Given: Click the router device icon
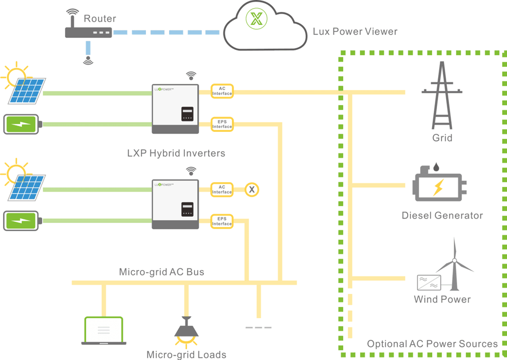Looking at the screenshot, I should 88,33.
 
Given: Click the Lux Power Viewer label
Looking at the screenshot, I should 355,31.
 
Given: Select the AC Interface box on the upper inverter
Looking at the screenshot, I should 222,91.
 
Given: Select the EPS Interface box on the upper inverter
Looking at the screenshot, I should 222,124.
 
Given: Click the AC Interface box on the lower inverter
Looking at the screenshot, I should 222,189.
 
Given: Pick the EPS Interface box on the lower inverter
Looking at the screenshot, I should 222,221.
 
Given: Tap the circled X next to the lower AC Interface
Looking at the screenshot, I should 252,190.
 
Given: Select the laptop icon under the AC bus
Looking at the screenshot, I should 104,331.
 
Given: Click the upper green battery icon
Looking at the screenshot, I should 21,124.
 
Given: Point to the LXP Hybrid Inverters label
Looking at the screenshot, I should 176,153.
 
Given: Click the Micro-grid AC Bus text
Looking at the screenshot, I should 162,272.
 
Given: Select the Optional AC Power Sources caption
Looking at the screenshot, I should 432,344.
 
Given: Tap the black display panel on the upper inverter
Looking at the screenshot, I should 187,114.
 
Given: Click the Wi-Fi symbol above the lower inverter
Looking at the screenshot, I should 191,171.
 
